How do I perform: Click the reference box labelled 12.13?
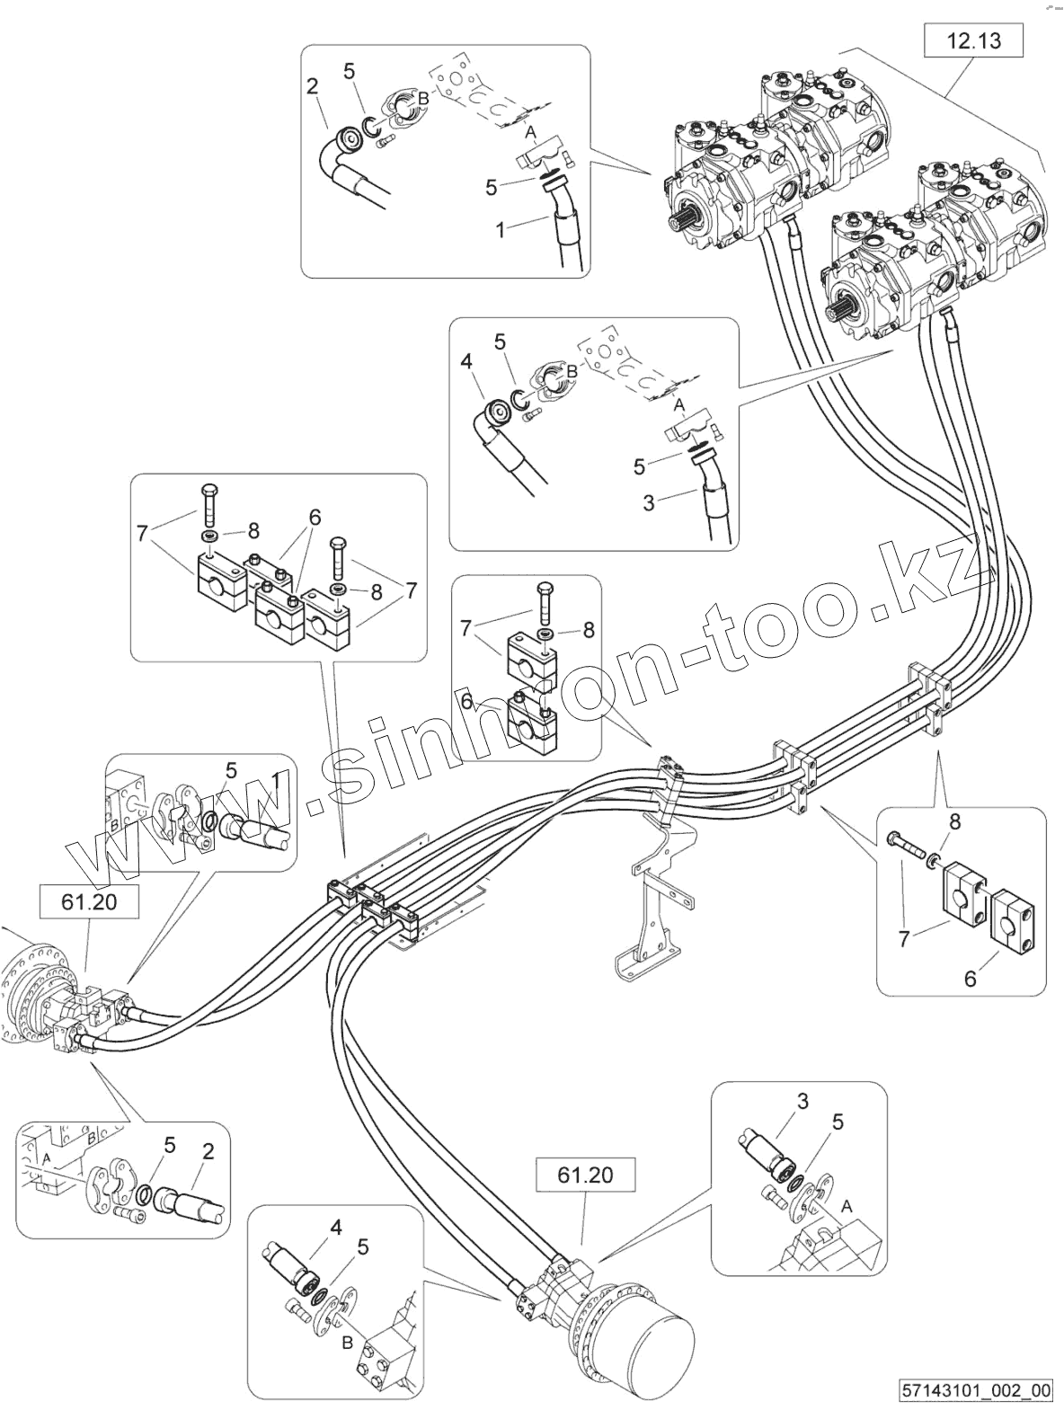click(974, 40)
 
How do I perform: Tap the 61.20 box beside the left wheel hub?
click(89, 901)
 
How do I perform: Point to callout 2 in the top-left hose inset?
click(313, 87)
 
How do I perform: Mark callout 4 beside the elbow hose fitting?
click(465, 363)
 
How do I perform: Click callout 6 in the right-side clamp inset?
click(970, 979)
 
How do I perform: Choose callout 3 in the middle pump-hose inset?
click(649, 502)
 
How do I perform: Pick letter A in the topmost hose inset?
click(530, 132)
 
